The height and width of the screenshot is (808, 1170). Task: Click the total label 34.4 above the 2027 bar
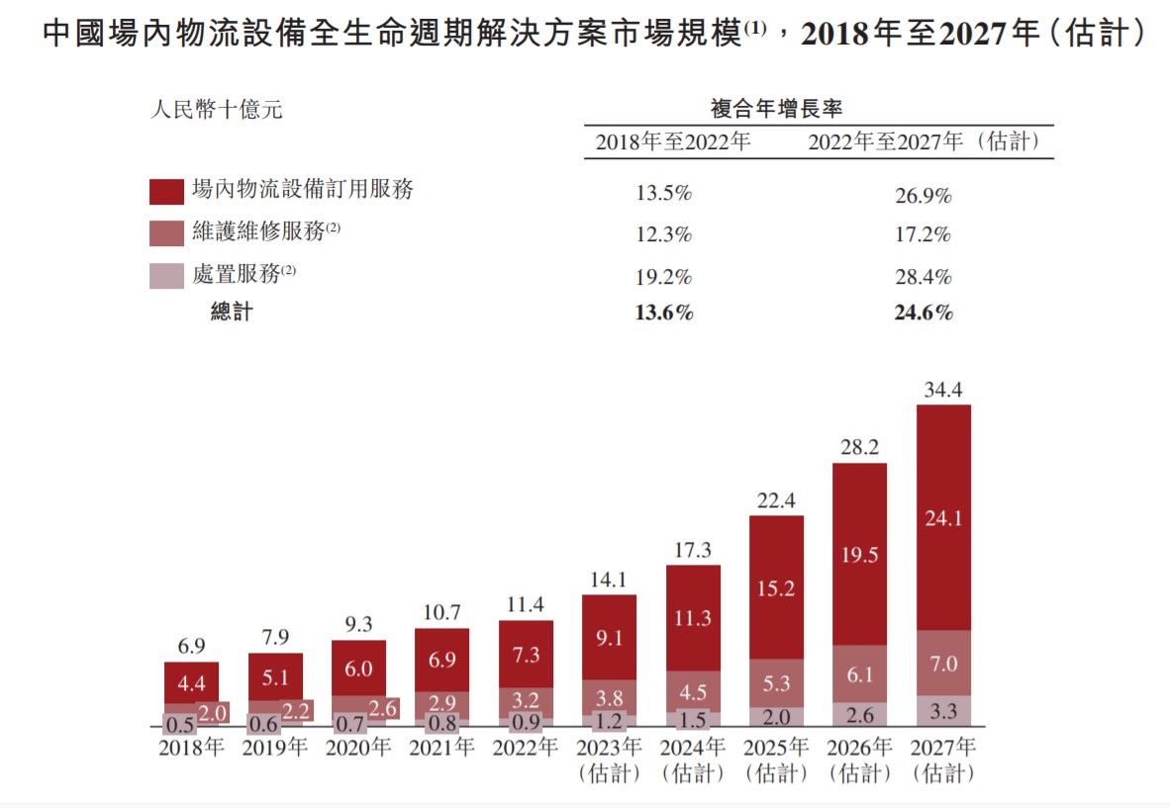coord(942,391)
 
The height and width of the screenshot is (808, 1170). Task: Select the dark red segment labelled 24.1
coord(942,517)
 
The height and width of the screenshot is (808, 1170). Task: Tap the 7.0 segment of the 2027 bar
coord(942,664)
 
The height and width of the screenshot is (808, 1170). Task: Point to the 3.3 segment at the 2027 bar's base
coord(942,711)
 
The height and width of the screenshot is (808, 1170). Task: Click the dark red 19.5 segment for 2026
coord(859,555)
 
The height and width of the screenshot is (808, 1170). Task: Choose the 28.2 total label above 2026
coord(859,448)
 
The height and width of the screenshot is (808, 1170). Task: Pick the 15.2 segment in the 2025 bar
coord(776,587)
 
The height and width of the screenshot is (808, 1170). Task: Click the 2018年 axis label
coord(191,748)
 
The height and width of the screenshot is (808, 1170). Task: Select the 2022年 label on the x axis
coord(525,748)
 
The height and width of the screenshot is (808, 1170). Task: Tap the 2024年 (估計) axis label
coord(692,760)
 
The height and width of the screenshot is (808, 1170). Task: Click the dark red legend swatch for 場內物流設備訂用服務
coord(166,191)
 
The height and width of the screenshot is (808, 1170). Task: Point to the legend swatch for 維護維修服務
coord(166,233)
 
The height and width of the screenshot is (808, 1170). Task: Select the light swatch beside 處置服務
coord(166,276)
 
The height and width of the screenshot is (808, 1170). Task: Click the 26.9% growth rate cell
coord(923,196)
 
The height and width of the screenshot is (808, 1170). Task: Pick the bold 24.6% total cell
coord(923,314)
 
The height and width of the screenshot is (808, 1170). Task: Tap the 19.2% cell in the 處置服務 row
coord(663,277)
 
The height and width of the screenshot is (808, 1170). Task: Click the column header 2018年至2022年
coord(673,142)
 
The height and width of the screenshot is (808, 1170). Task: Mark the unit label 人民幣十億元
coord(216,110)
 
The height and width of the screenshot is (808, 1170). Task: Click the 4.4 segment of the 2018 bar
coord(191,682)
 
